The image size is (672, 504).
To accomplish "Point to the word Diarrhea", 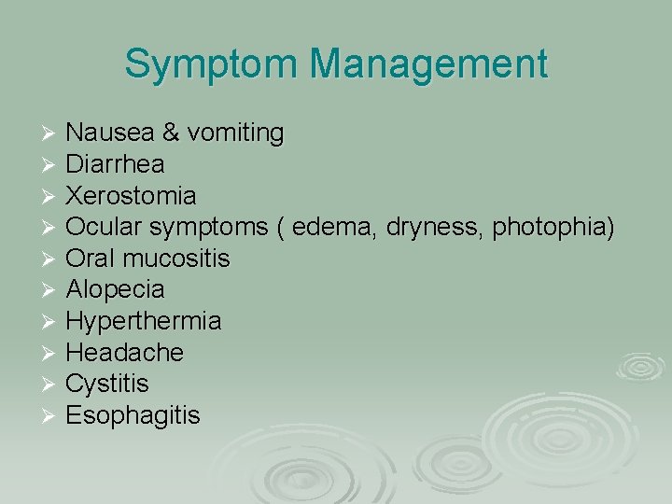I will [116, 164].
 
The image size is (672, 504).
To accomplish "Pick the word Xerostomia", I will [131, 196].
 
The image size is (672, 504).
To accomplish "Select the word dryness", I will [434, 227].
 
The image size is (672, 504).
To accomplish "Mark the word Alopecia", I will [115, 290].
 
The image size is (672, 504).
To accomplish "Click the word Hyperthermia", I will [144, 321].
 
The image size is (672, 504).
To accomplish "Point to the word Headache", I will [125, 353].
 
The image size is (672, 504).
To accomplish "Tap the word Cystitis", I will [107, 384].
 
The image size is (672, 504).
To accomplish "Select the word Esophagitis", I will [133, 415].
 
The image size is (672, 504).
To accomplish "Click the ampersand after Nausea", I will [170, 133].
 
